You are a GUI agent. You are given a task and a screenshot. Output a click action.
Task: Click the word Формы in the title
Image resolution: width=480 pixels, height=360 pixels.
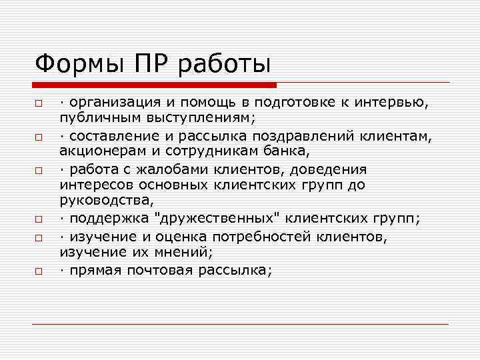[x=73, y=65]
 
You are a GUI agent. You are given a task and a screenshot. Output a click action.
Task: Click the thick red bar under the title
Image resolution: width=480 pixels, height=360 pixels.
[x=155, y=85]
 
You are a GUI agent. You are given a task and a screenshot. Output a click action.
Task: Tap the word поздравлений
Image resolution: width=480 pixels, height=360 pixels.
[x=307, y=137]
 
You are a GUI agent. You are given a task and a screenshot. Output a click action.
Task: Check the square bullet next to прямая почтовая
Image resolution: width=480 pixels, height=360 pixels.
[x=40, y=272]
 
